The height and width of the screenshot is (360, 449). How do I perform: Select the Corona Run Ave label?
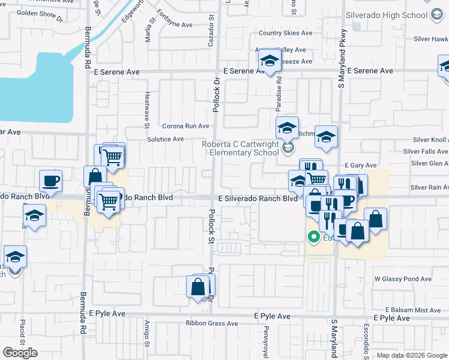(186, 126)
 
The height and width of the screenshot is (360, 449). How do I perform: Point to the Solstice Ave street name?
(165, 139)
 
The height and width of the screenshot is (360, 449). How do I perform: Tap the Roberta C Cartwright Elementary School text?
(240, 148)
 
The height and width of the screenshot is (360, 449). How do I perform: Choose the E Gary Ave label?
(360, 165)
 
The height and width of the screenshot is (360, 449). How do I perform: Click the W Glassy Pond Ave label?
(403, 279)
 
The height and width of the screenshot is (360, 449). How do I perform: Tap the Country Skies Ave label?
(285, 33)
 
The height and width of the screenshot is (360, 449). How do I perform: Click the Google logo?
(20, 352)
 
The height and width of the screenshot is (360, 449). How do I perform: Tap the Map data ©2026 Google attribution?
(411, 355)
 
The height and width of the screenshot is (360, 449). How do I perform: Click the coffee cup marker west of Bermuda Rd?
(50, 181)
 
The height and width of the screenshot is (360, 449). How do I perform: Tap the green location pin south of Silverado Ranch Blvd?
(312, 237)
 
